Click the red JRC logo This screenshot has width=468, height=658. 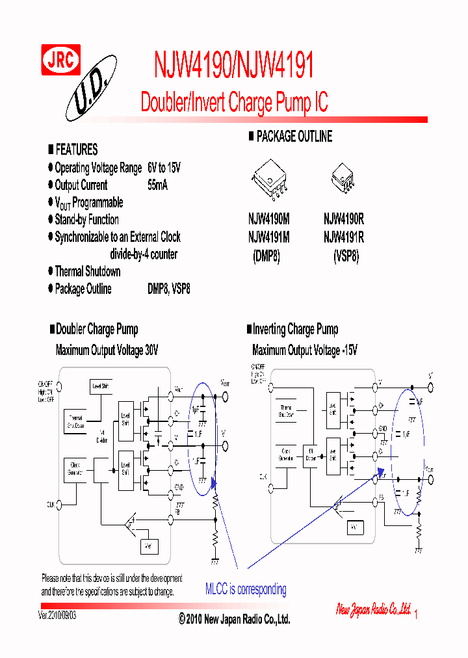tap(61, 60)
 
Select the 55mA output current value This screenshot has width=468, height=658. tap(157, 185)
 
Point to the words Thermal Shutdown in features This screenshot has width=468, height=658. tap(88, 271)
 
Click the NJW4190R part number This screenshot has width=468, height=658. tap(343, 220)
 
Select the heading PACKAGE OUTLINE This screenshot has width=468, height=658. tap(294, 137)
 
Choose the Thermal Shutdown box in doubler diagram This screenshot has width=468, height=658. tap(77, 423)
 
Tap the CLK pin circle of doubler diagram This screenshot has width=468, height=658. tap(59, 505)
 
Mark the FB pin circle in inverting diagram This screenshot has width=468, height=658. tap(375, 499)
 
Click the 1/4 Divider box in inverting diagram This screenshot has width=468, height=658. tap(309, 456)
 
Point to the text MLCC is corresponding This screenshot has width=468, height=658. tap(246, 590)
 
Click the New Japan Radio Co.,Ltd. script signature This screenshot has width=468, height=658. tap(373, 609)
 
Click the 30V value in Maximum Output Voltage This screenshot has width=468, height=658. tap(151, 350)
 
